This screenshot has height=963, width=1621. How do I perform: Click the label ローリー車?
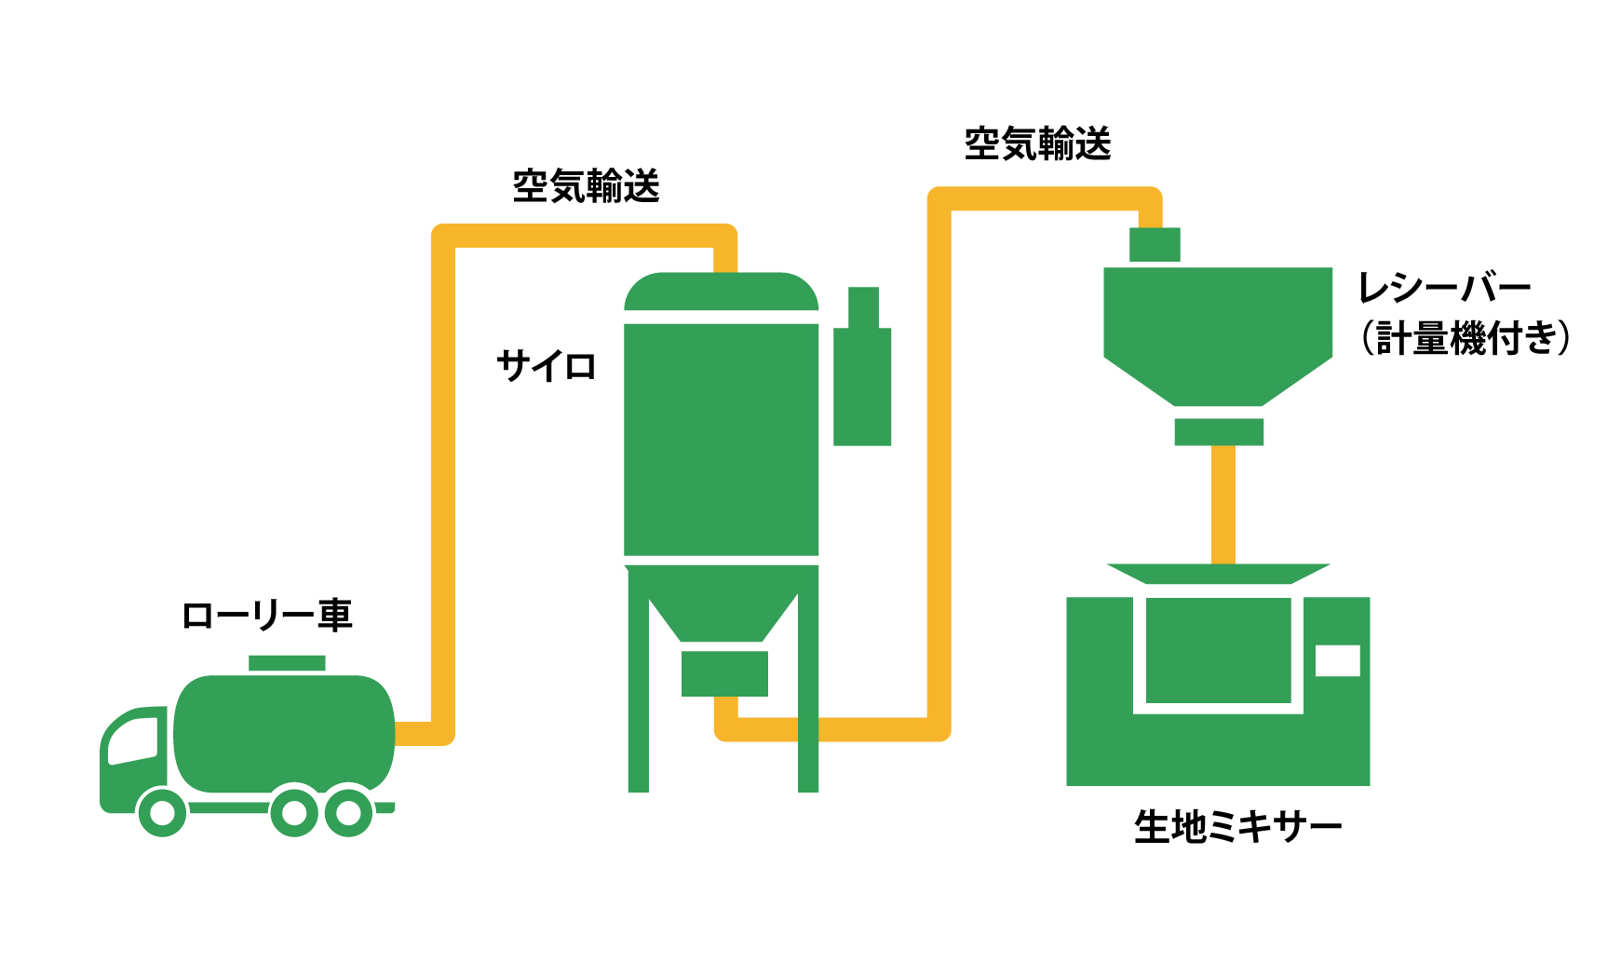pos(267,616)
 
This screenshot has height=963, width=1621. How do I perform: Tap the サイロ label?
pos(547,366)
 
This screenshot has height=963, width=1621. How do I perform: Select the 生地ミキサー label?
pos(1237,827)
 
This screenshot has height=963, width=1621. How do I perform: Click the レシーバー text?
pos(1444,288)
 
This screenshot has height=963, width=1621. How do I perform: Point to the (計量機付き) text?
pos(1466,338)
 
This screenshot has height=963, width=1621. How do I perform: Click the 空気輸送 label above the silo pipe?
pos(587,186)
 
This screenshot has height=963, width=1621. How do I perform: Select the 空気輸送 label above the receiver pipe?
pos(1038,144)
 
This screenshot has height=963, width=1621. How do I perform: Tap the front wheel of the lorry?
pos(162,812)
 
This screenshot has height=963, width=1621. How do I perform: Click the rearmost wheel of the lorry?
pos(348,812)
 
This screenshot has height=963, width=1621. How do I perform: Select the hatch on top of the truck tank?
pos(287,663)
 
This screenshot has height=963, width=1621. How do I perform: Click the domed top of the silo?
pos(721,292)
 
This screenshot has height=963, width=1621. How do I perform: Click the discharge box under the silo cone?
pos(724,673)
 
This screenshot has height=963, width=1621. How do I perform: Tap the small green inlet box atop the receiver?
pos(1155,245)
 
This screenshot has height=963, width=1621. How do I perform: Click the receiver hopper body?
pos(1218,326)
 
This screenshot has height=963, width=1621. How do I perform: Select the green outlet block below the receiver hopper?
pos(1219,432)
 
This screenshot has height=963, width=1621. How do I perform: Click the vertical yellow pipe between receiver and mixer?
pos(1223,503)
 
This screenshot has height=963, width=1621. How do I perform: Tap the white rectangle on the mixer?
pos(1337,660)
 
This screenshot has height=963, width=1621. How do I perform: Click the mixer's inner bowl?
pos(1218,650)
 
